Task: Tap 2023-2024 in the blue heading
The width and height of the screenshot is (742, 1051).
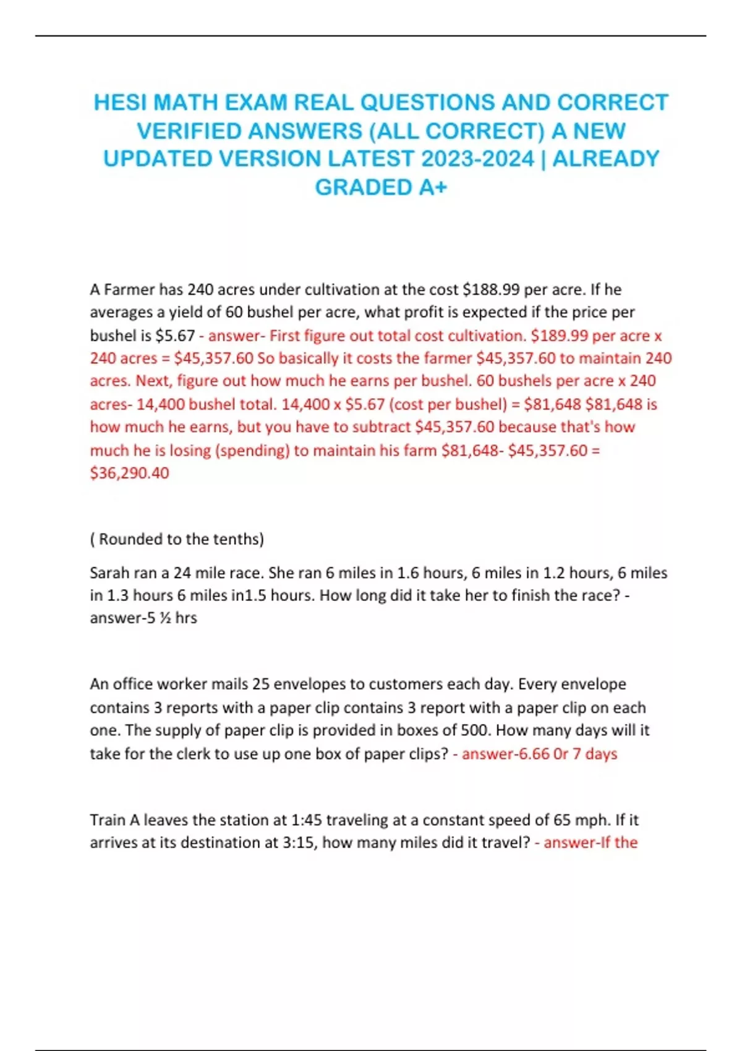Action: click(477, 159)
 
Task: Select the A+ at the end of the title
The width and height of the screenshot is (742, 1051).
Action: click(432, 187)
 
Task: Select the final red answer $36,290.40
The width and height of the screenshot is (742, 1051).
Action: click(129, 473)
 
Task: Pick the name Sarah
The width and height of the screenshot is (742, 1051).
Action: click(109, 573)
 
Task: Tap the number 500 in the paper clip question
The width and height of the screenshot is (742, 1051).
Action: click(476, 730)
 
